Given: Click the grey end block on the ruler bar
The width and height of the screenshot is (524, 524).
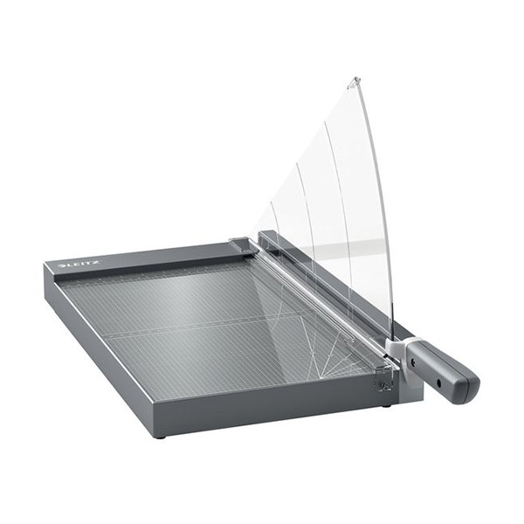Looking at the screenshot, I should pos(243,246).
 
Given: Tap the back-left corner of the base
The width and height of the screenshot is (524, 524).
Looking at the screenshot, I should pos(46,265).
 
